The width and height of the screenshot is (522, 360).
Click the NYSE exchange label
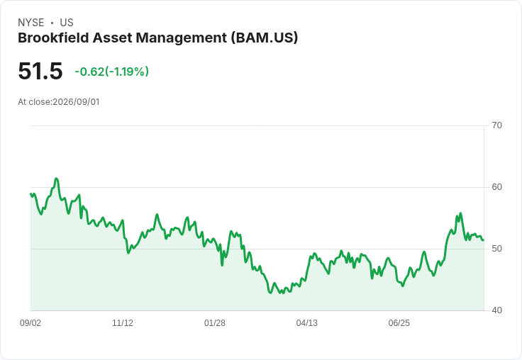[31, 23]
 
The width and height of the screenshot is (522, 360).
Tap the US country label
[67, 23]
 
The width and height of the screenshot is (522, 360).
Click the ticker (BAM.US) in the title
[265, 38]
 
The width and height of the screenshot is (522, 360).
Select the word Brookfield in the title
[53, 38]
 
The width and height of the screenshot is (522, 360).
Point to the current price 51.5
[40, 71]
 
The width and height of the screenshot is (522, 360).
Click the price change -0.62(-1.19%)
[112, 72]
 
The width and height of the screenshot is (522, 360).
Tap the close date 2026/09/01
[76, 102]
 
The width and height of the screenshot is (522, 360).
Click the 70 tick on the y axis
[496, 125]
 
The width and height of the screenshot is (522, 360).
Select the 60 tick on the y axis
[496, 187]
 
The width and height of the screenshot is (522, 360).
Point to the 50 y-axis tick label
[496, 249]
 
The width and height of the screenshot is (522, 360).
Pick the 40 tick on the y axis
[496, 310]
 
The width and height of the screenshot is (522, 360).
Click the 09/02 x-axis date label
[30, 322]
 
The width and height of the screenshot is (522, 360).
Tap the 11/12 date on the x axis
[123, 322]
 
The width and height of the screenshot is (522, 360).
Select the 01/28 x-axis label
[215, 322]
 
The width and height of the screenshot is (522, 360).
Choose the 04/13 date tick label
[307, 322]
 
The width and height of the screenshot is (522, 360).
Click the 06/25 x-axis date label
[399, 322]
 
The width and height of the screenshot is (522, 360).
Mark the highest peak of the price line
[56, 179]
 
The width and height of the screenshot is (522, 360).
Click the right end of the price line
[484, 240]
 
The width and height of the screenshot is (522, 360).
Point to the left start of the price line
[30, 193]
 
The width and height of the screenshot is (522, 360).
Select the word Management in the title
[182, 38]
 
